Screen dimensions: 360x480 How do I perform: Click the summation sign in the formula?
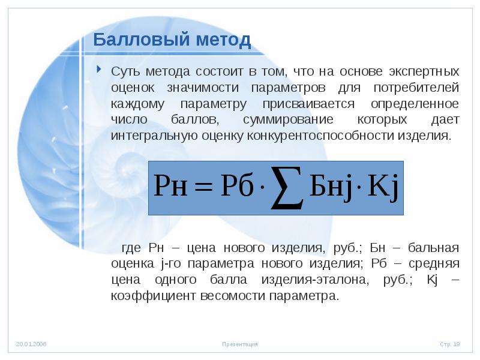coord(287,188)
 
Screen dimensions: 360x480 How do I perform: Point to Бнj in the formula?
coord(328,187)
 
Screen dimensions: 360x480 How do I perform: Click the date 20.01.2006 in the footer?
coord(31,344)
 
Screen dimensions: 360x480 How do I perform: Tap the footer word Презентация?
coord(239,344)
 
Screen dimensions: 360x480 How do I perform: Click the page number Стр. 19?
coord(449,344)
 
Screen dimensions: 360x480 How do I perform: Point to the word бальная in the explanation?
coord(433,248)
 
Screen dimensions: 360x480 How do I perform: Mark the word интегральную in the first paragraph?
coord(151,136)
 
